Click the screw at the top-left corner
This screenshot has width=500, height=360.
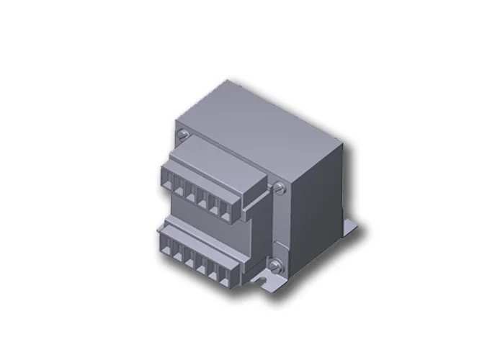pos(183,134)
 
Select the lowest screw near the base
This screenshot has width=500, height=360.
pos(274,266)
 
